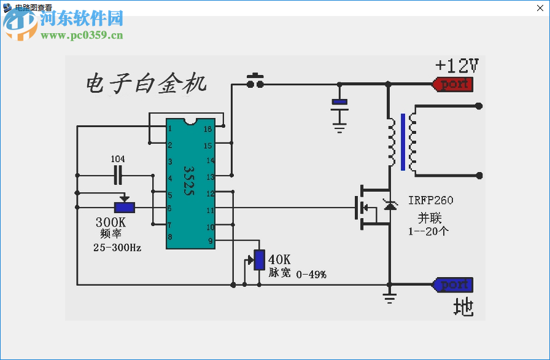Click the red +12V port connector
(454, 84)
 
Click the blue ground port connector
(454, 285)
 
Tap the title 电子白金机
(146, 82)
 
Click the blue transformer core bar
(403, 142)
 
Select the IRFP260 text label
(431, 201)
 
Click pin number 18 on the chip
(208, 129)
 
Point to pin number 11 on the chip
(209, 210)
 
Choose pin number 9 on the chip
(210, 241)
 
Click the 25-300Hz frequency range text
(117, 248)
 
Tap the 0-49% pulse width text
(311, 275)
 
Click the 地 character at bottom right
(463, 307)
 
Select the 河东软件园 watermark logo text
(81, 18)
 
